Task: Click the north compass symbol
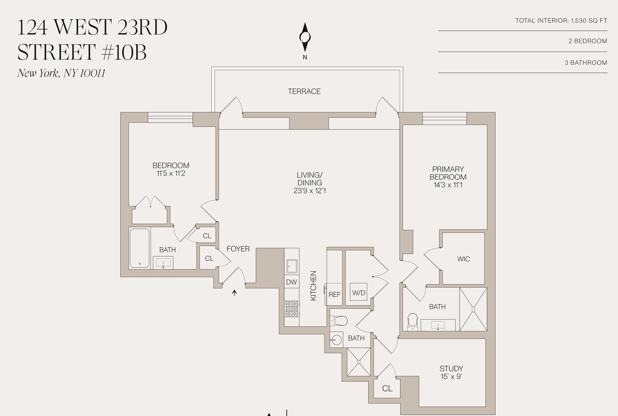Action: click(305, 37)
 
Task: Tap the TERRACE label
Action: click(304, 92)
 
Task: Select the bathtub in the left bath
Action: click(140, 248)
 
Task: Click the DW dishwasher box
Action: click(292, 282)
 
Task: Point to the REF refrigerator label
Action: click(334, 295)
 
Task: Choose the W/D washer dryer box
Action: click(359, 293)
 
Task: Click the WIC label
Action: click(463, 259)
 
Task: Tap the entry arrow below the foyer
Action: click(234, 292)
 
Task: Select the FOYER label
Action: click(238, 249)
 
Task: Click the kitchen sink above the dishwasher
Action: click(292, 265)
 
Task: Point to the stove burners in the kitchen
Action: click(292, 309)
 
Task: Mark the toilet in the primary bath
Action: click(412, 321)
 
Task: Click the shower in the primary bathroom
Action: click(473, 309)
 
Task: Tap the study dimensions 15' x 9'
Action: click(451, 377)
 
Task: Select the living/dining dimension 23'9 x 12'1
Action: click(309, 191)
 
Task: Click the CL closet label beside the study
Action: click(387, 389)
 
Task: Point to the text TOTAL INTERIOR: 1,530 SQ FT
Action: click(561, 20)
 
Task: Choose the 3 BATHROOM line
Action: click(586, 63)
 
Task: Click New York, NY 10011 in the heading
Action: click(61, 73)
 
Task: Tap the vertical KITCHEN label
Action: click(314, 286)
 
